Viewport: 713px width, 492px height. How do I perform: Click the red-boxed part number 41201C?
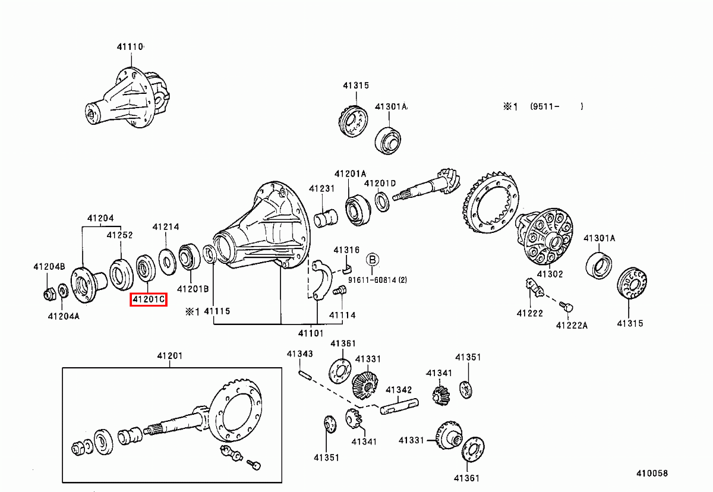coord(149,299)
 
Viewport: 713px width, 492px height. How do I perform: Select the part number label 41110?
coord(130,46)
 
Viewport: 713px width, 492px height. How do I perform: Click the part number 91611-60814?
coord(377,279)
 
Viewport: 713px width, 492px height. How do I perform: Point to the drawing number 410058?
coord(651,474)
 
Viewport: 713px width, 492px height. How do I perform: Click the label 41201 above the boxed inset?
coord(170,356)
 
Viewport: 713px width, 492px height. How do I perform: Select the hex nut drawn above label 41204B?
coord(50,293)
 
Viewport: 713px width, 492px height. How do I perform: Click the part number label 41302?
coord(550,275)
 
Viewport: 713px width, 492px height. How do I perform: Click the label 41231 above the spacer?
coord(321,189)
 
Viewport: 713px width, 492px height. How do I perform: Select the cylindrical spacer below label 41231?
coord(326,218)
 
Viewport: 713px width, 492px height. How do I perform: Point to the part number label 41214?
coord(166,226)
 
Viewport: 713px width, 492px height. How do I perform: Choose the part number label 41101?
coord(311,333)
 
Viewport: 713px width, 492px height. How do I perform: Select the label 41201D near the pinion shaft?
coord(380,183)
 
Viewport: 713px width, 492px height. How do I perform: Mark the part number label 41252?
coord(119,235)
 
